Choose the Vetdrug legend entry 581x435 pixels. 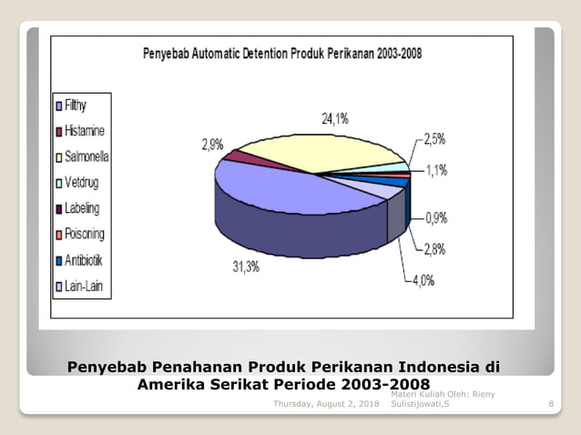click(80, 183)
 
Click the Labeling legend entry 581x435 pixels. click(79, 209)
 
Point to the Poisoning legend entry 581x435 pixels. click(82, 235)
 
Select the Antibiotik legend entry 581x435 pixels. click(81, 261)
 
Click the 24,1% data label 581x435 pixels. click(334, 119)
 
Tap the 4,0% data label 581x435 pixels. click(422, 280)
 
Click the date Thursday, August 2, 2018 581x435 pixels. click(326, 403)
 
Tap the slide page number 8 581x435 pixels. click(551, 403)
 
